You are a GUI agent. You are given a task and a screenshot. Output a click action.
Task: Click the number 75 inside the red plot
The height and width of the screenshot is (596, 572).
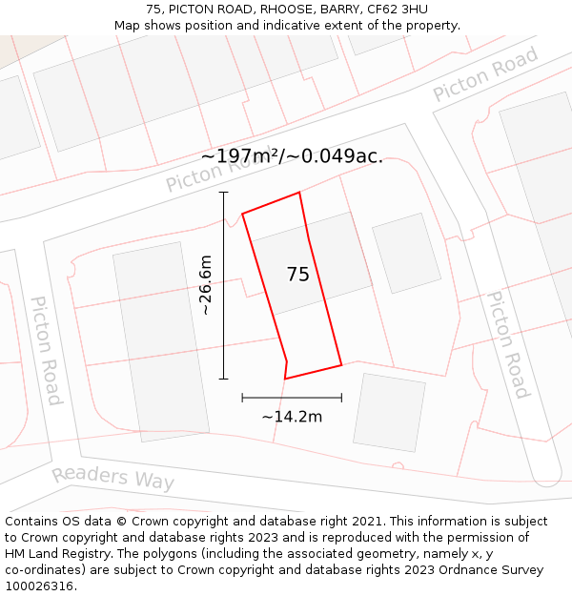pos(297,275)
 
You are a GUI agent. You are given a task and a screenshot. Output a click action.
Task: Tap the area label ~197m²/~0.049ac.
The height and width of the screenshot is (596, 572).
pos(292,156)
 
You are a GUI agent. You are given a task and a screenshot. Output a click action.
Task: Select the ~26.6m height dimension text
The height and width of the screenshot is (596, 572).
pos(205,285)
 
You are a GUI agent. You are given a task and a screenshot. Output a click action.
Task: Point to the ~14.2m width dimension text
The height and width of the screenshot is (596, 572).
pos(292,416)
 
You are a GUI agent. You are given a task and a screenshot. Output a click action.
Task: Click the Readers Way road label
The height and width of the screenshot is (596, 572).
pos(112,478)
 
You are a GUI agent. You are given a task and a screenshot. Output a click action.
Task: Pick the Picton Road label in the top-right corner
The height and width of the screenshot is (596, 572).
pos(485,73)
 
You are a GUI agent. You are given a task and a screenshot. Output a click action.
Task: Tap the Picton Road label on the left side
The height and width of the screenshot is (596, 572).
pos(46,350)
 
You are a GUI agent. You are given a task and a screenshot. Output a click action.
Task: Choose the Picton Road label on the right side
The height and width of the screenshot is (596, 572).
pos(507,343)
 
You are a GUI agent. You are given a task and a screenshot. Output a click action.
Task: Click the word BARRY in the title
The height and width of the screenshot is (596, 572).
pos(343,10)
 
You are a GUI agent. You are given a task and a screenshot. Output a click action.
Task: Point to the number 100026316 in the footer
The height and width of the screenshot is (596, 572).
pos(41,586)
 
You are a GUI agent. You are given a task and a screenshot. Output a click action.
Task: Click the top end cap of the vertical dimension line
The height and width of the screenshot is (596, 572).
pos(224,193)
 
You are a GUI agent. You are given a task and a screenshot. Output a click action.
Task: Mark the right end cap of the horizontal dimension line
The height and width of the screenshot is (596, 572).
pos(341,397)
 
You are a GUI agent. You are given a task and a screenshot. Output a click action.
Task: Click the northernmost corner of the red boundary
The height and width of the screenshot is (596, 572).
pos(299,193)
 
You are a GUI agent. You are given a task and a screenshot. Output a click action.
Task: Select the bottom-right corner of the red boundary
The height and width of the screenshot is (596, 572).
pos(341,364)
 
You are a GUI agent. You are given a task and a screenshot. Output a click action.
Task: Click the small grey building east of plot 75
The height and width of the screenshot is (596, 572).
pos(406,253)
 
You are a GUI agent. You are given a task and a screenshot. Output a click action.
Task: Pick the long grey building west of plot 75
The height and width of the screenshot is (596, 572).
pos(160,340)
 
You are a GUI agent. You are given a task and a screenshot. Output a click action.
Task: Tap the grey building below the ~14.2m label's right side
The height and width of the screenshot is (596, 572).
pos(389,412)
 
